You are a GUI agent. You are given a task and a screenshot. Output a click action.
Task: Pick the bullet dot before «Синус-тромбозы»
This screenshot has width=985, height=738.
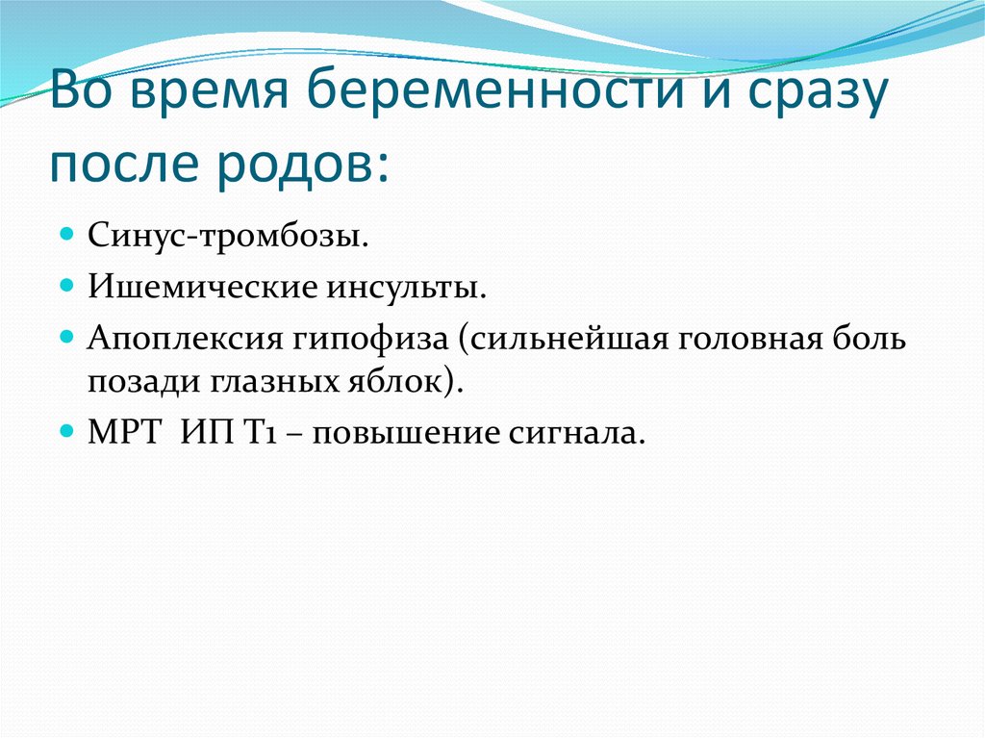click(67, 234)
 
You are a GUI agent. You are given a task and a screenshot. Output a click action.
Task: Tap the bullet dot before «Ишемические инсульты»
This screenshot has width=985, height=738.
click(67, 285)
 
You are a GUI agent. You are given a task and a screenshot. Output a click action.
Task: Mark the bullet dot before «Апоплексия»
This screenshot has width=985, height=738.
click(67, 337)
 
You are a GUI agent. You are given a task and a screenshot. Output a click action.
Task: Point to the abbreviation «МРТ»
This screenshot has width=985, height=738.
click(123, 433)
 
